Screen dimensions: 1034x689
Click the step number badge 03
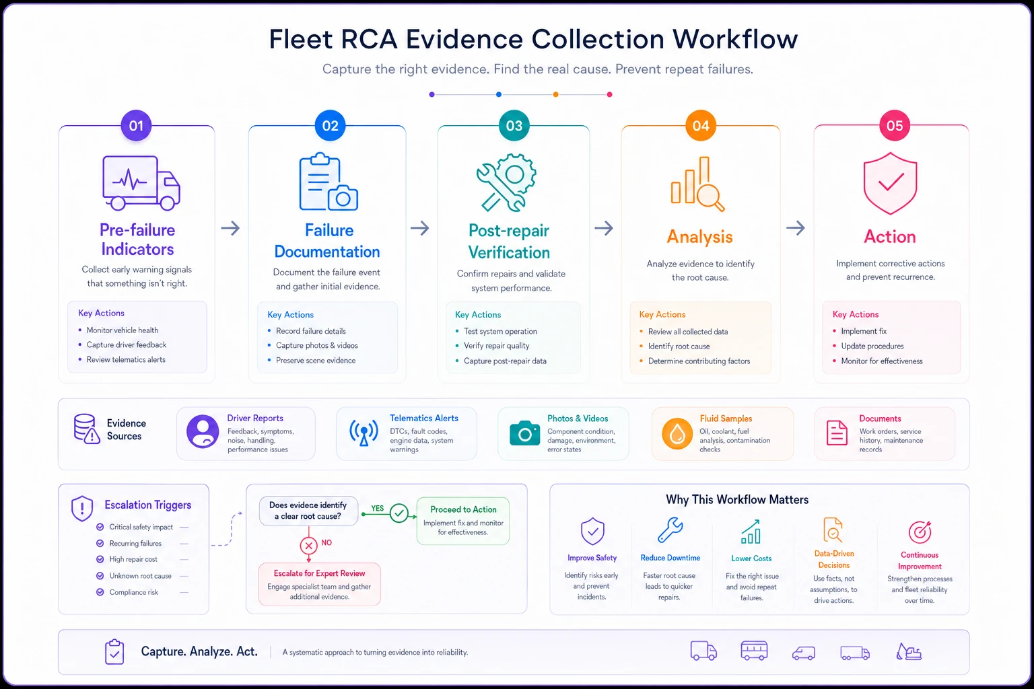click(514, 126)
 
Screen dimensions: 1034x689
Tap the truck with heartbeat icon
click(141, 183)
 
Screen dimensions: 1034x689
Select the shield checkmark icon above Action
click(890, 183)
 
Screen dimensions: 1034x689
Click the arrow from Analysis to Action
click(795, 227)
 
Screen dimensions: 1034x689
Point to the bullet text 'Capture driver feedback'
click(127, 344)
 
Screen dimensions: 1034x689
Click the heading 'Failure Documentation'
click(327, 241)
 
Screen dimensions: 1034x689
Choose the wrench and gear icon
click(506, 182)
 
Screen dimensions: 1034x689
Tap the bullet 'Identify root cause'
click(679, 346)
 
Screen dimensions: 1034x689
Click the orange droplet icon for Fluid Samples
click(677, 433)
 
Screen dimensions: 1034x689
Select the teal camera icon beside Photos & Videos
click(524, 433)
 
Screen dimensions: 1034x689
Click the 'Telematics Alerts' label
click(423, 418)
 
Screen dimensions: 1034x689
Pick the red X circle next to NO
click(308, 546)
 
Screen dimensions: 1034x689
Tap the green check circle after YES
click(399, 513)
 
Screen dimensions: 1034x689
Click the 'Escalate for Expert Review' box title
click(319, 573)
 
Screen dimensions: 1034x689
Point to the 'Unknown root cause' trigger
click(140, 576)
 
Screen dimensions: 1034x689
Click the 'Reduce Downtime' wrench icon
click(670, 530)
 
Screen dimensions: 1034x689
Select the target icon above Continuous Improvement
click(920, 532)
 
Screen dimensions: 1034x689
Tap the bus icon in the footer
click(754, 651)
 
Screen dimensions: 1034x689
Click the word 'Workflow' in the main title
click(734, 39)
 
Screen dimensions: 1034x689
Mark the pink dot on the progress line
click(609, 95)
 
